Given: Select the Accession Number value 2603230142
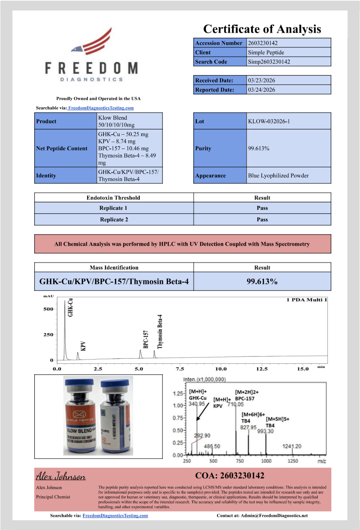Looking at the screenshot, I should pyautogui.click(x=262, y=43).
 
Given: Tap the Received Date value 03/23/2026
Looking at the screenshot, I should pyautogui.click(x=261, y=80).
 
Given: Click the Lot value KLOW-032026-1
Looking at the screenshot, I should pyautogui.click(x=269, y=121).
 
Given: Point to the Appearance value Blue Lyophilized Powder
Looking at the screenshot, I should pyautogui.click(x=278, y=176).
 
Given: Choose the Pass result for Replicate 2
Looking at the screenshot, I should pyautogui.click(x=262, y=220).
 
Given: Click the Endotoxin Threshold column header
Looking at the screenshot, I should pyautogui.click(x=113, y=198).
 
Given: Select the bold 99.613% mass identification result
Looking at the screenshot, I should pyautogui.click(x=262, y=281).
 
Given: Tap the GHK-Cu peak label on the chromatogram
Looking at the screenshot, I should pyautogui.click(x=70, y=307).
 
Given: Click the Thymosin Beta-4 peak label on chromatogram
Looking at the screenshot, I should pyautogui.click(x=160, y=331).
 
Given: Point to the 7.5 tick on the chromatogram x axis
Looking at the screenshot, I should pyautogui.click(x=180, y=369).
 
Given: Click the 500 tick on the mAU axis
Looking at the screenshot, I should pyautogui.click(x=48, y=309).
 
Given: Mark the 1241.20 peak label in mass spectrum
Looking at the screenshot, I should pyautogui.click(x=291, y=446).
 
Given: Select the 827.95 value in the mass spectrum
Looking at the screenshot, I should pyautogui.click(x=248, y=427).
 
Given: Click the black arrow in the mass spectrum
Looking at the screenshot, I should pyautogui.click(x=202, y=412).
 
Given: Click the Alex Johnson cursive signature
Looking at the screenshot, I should pyautogui.click(x=61, y=476).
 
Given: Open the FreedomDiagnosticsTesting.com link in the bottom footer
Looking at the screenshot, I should pyautogui.click(x=115, y=515).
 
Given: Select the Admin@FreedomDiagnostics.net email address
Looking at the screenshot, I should pyautogui.click(x=274, y=515).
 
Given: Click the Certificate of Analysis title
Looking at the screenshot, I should pyautogui.click(x=262, y=29).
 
